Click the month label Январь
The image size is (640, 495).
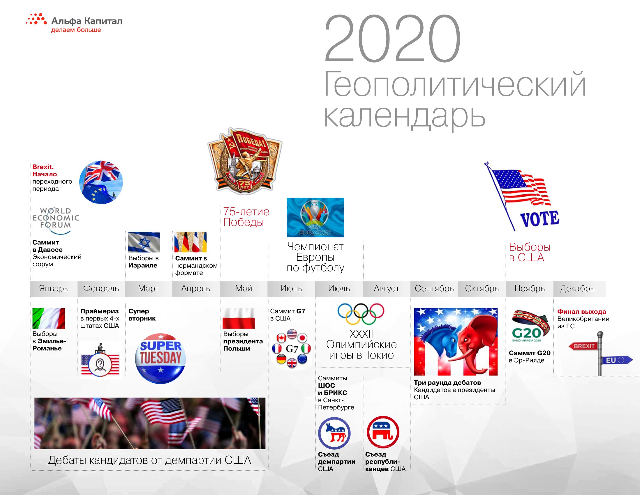pos(54,289)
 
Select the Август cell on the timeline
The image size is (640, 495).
pos(387,289)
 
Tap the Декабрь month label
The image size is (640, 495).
pos(577,289)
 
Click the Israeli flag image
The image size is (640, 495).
pos(144,242)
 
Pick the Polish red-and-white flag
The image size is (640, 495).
pos(239,318)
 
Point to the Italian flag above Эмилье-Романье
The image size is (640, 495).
pos(49,318)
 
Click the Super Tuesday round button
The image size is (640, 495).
pos(160,358)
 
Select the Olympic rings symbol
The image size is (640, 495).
pos(361,314)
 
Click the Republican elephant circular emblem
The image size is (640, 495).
pos(383,432)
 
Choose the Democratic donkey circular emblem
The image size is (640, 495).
pos(334,433)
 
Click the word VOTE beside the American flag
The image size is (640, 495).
pos(540,219)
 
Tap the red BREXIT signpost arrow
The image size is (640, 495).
pos(583,346)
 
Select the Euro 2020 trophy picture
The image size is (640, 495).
pos(315,217)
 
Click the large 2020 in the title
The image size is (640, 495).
pos(393,39)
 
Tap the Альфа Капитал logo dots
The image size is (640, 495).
pos(36,19)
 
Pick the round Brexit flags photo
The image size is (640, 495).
pos(101,182)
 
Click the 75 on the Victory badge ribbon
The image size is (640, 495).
pos(244,184)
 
